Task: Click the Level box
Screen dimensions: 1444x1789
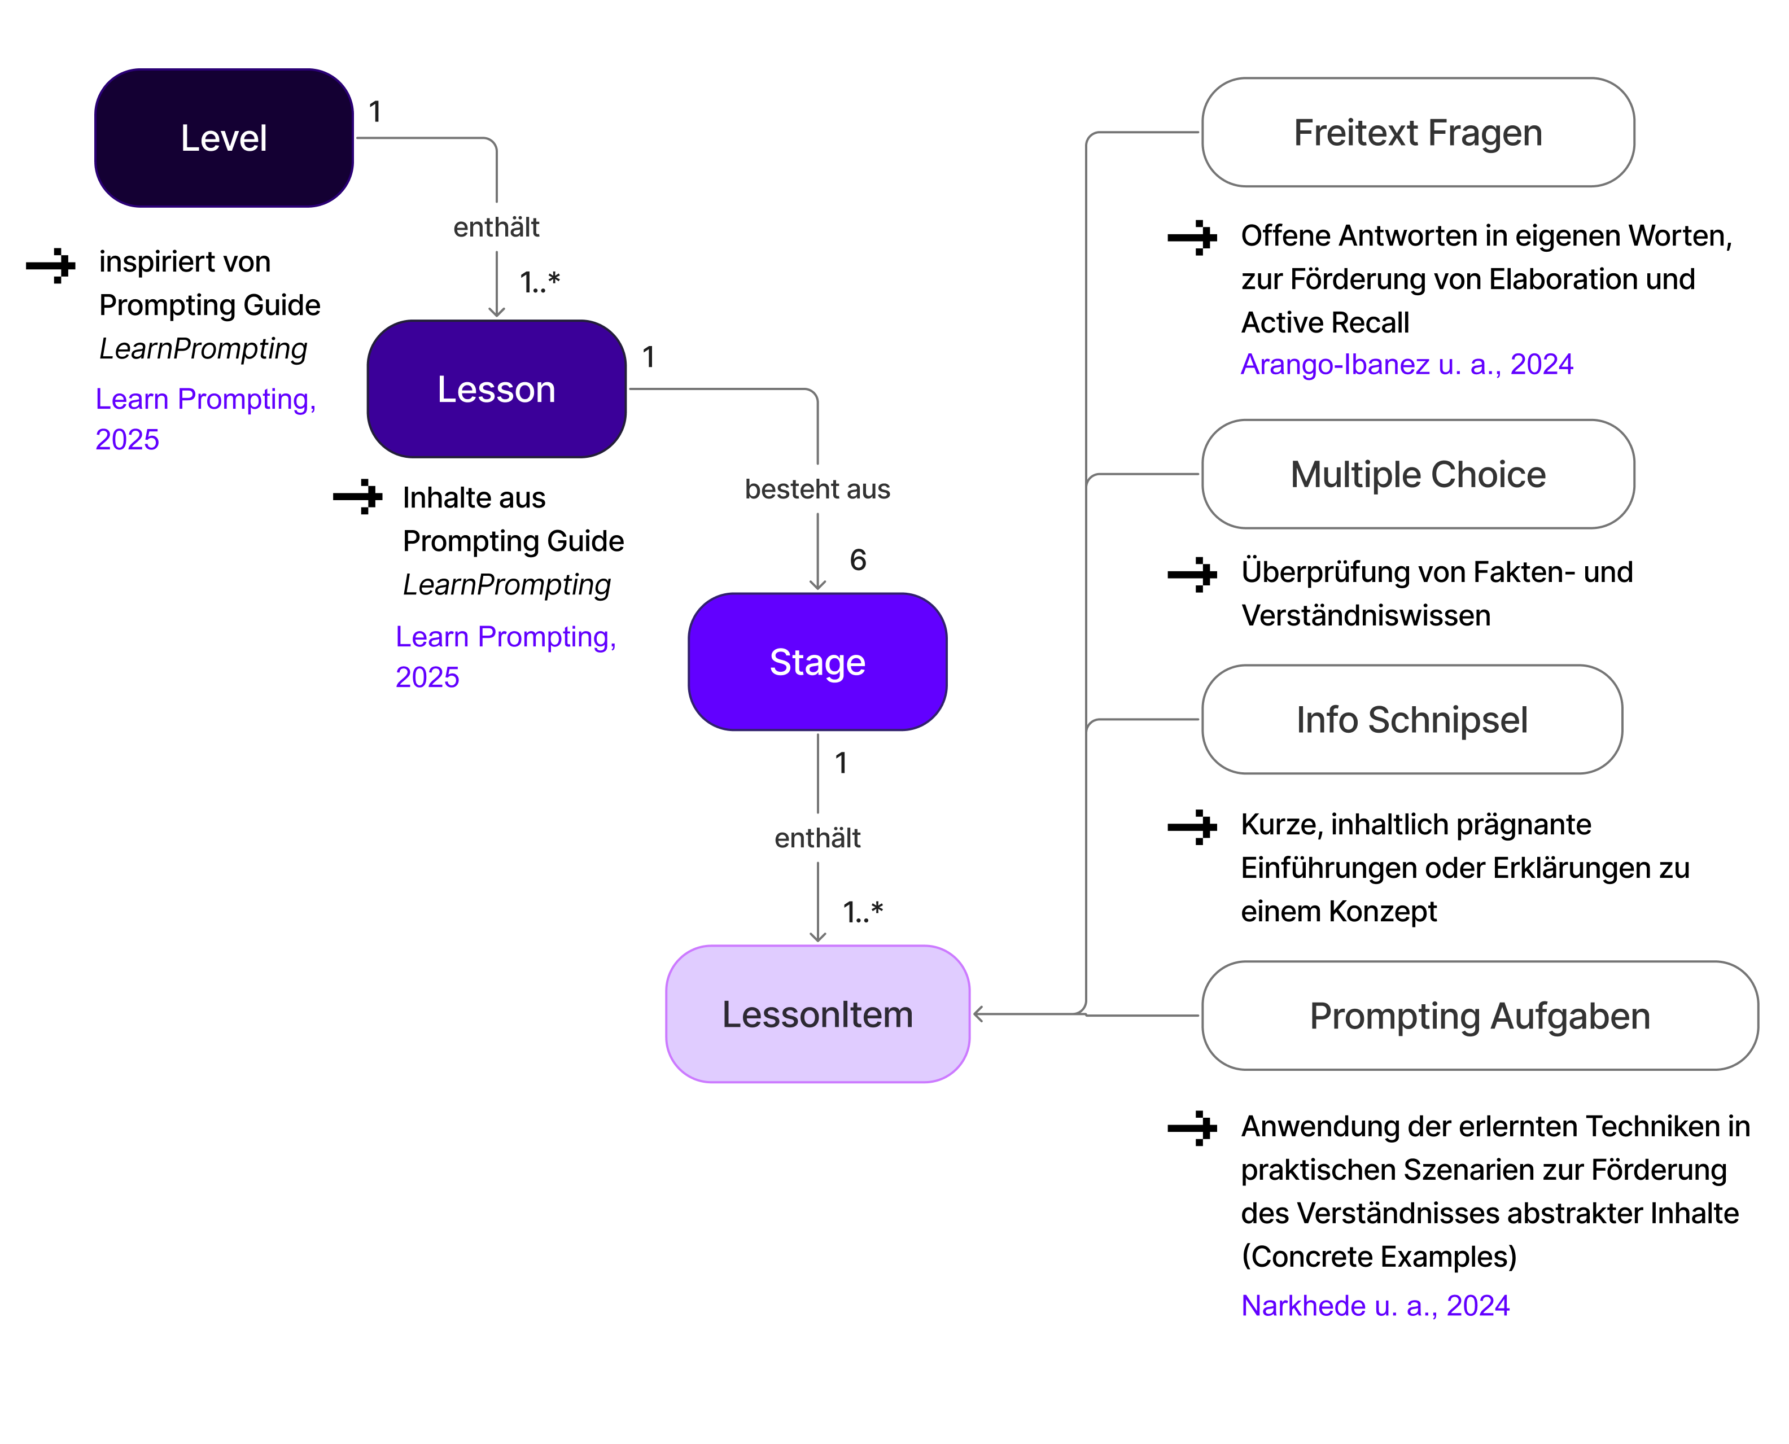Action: pos(224,138)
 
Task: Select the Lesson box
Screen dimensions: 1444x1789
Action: pos(497,390)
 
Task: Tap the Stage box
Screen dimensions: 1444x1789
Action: pos(817,662)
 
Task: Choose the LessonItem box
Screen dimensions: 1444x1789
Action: pos(817,1014)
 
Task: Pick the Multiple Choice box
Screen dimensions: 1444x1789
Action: pos(1418,474)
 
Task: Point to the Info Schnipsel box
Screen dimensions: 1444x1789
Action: pos(1411,720)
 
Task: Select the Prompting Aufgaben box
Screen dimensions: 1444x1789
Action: pos(1480,1016)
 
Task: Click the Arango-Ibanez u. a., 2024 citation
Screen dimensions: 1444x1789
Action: pos(1406,364)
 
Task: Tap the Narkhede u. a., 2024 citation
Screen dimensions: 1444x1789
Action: pos(1375,1305)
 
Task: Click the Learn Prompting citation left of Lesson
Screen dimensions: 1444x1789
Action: pos(205,418)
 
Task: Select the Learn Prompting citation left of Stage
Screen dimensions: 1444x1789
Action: pos(506,657)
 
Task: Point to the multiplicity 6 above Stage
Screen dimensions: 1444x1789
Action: pos(858,560)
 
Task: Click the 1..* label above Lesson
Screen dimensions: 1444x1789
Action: pos(540,282)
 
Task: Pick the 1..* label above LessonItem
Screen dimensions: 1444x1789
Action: pos(863,912)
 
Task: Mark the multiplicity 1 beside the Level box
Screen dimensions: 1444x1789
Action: pos(375,111)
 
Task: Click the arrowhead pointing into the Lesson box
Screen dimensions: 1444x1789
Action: pos(497,312)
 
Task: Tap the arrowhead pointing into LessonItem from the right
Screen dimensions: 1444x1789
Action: pos(979,1014)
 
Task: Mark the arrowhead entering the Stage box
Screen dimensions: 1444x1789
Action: pos(817,585)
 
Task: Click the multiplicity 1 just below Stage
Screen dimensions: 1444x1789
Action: pos(841,763)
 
